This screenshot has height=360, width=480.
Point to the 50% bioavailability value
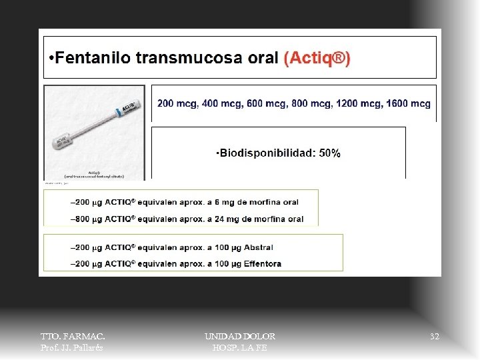(329, 153)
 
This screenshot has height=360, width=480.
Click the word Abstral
(259, 247)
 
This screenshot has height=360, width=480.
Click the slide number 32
(435, 337)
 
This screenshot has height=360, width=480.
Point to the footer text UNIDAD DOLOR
(240, 337)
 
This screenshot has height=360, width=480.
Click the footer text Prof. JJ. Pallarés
(73, 347)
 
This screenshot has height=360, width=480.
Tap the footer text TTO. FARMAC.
(73, 337)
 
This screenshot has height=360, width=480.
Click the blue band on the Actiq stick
(117, 111)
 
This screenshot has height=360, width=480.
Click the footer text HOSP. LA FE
(240, 347)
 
